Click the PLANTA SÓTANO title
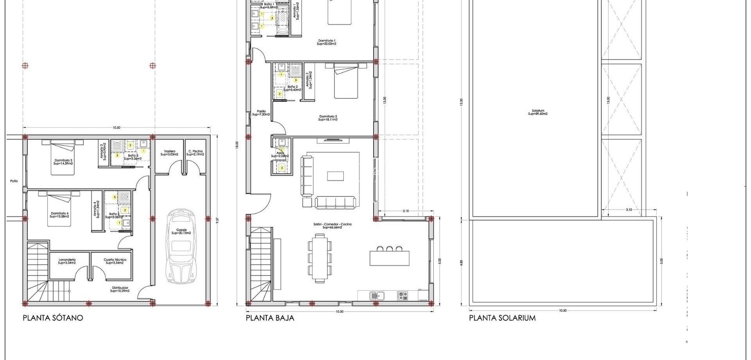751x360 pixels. pyautogui.click(x=53, y=318)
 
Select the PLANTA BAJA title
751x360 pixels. pyautogui.click(x=270, y=318)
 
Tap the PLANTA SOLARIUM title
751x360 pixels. pyautogui.click(x=502, y=318)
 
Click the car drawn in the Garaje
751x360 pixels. pyautogui.click(x=181, y=247)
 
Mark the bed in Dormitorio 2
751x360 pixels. pyautogui.click(x=346, y=82)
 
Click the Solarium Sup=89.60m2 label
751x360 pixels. pyautogui.click(x=538, y=112)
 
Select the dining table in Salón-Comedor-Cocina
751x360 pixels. pyautogui.click(x=320, y=257)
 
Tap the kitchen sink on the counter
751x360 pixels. pyautogui.click(x=377, y=295)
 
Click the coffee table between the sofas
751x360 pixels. pyautogui.click(x=335, y=176)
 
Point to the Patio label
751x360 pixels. pyautogui.click(x=14, y=181)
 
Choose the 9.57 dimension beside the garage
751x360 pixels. pyautogui.click(x=217, y=220)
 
